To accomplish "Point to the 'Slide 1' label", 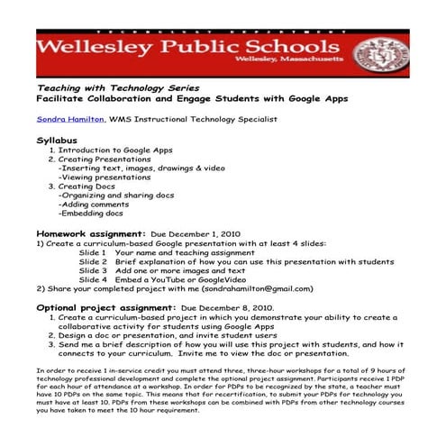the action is [93, 252].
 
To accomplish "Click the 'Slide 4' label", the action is [93, 280].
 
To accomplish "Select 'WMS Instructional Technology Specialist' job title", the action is [193, 118].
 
